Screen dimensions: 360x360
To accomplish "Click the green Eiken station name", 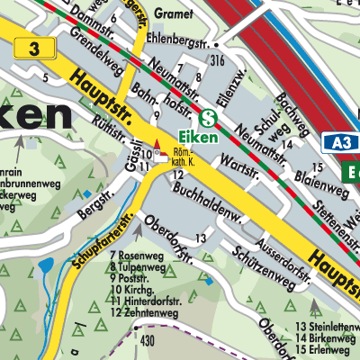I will tap(212, 136).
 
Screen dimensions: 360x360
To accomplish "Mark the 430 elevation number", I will tap(148, 341).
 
